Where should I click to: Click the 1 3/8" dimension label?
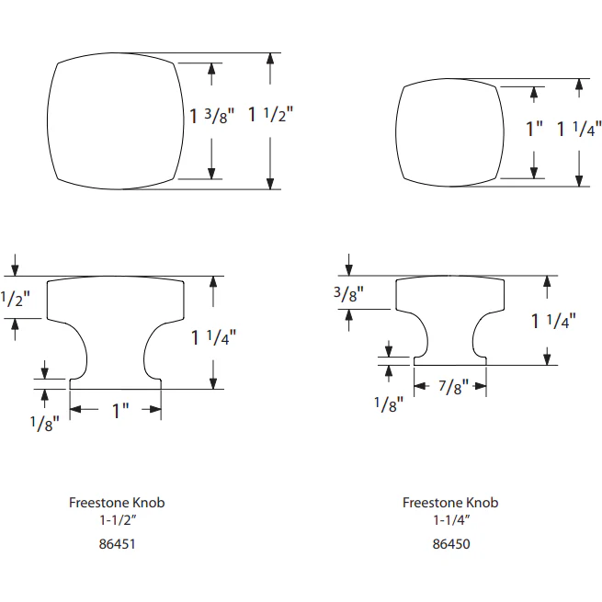212,116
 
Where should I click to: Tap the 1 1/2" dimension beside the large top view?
270,116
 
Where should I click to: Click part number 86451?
117,543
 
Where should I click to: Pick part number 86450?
450,543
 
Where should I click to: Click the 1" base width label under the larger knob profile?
120,411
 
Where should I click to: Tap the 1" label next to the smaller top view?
534,130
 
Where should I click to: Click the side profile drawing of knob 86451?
116,331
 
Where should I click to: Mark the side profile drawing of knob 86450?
450,317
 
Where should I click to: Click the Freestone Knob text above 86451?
117,503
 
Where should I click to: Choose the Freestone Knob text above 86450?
450,503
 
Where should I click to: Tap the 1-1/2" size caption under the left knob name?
117,520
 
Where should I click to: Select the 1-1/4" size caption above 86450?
450,520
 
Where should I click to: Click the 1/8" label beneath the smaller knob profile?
389,404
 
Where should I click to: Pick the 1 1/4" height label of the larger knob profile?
214,337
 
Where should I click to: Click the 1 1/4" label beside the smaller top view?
579,130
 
